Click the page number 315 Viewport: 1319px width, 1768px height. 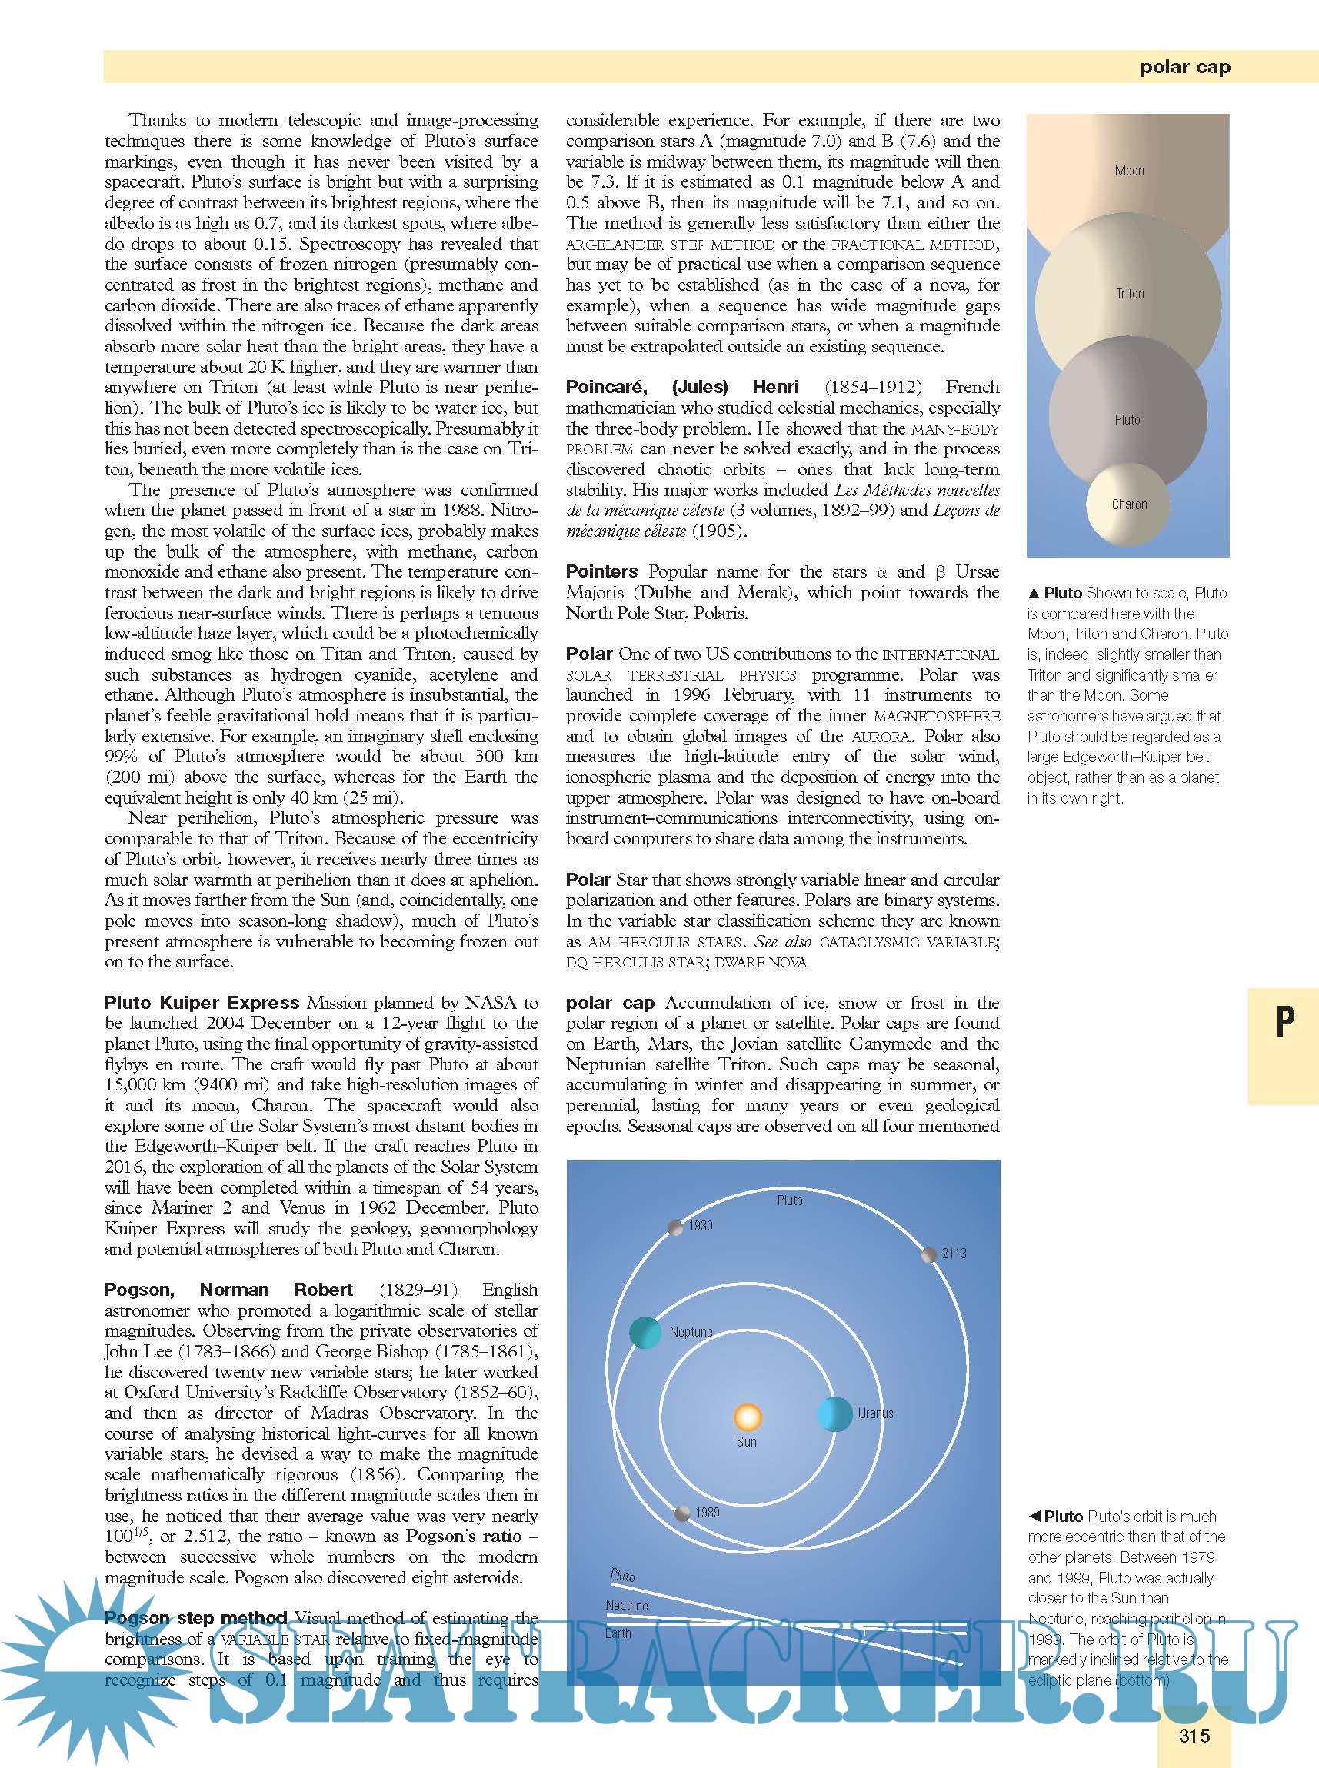(x=1194, y=1735)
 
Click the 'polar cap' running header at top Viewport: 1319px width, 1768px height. (x=1185, y=67)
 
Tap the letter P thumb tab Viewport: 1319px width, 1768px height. (x=1284, y=1021)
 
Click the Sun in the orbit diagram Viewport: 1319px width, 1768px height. (x=748, y=1416)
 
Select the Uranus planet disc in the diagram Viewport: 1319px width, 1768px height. (x=835, y=1413)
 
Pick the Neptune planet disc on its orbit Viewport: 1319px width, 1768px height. (x=645, y=1332)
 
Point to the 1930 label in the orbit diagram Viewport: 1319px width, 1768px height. (x=700, y=1225)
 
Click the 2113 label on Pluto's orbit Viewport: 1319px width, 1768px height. (x=954, y=1254)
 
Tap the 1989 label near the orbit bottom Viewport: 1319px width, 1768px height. (x=707, y=1512)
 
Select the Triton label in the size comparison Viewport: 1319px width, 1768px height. (x=1130, y=294)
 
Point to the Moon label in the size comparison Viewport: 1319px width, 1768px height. (x=1129, y=170)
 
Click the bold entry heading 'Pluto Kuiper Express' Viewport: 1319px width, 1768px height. (x=202, y=1003)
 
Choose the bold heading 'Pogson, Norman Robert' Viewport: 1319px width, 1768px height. (x=228, y=1290)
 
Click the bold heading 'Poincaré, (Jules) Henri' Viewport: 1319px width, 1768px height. (x=682, y=387)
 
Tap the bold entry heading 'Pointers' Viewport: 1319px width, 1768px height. (x=601, y=571)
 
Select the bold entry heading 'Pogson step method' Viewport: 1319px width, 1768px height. (x=195, y=1618)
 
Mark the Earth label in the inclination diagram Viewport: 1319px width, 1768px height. (x=618, y=1633)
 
